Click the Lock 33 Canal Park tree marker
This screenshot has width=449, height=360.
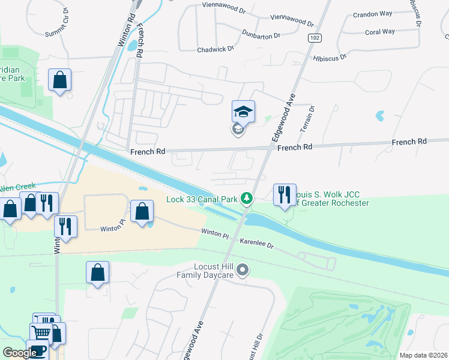pos(246,197)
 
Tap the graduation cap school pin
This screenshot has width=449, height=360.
pos(243,112)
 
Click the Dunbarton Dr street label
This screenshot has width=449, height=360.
pos(261,34)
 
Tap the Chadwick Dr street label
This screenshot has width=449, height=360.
pos(215,48)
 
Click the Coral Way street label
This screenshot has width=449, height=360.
pos(380,32)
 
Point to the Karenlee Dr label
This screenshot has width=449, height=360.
pos(257,245)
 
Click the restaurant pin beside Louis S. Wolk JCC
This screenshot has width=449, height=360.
pos(285,194)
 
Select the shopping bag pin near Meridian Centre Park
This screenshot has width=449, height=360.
pos(59,80)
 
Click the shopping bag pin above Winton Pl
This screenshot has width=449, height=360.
pos(142,212)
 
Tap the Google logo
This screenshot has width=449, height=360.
pos(19,353)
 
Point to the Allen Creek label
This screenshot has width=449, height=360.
pos(18,187)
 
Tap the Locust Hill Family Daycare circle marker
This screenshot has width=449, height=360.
pos(242,271)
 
